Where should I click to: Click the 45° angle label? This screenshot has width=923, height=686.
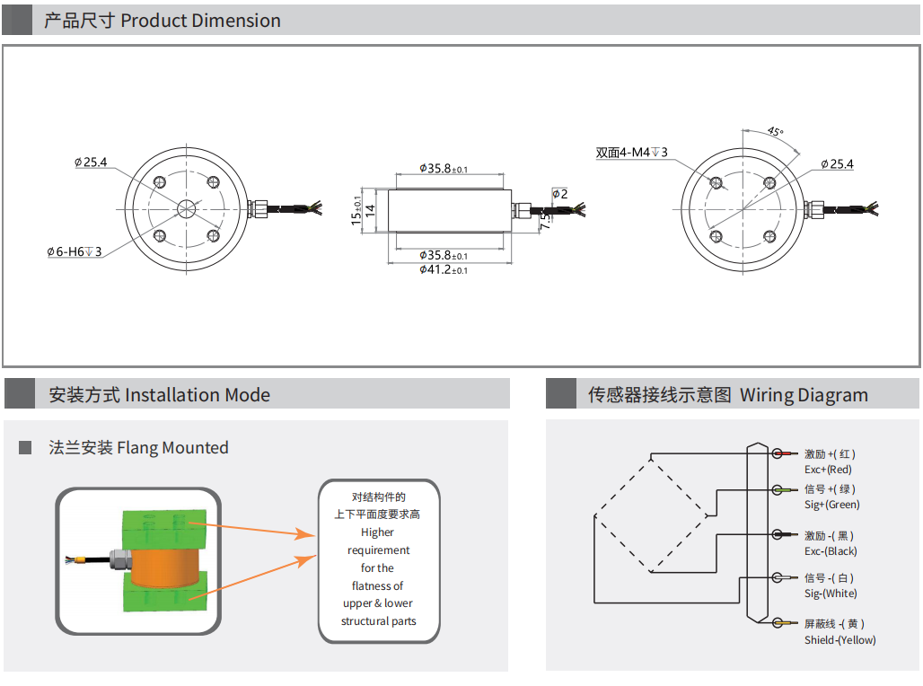click(x=773, y=132)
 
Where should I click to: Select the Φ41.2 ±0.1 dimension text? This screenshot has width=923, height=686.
click(x=444, y=269)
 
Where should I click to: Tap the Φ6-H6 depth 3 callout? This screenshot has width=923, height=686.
click(x=75, y=252)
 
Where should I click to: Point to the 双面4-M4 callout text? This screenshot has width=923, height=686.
click(x=632, y=153)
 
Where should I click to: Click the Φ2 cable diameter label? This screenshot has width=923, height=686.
click(x=559, y=194)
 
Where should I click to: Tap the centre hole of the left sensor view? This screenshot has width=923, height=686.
click(x=186, y=208)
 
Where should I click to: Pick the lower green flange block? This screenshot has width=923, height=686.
click(x=166, y=598)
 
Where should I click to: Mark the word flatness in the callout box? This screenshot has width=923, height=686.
click(x=378, y=585)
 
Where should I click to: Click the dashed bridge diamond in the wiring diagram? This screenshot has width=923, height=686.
click(x=651, y=515)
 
